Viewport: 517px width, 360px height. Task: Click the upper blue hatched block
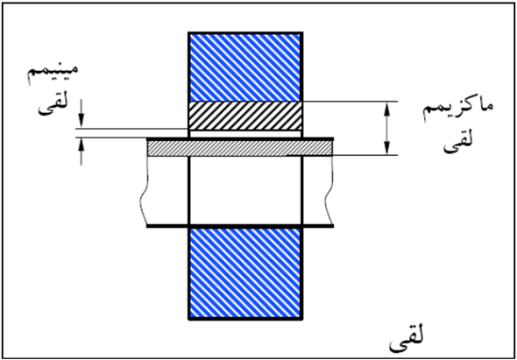[x=245, y=67]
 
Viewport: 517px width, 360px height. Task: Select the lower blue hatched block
[x=245, y=272]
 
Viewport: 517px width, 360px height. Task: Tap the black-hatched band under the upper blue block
[x=245, y=116]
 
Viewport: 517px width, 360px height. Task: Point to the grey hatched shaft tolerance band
[x=240, y=148]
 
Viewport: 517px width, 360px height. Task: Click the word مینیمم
[x=53, y=74]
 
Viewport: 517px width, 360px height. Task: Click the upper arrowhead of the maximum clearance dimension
[x=386, y=109]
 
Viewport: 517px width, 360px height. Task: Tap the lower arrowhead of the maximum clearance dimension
[x=386, y=148]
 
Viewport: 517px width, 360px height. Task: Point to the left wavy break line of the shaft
[x=144, y=191]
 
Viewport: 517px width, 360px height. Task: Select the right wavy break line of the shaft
[x=329, y=191]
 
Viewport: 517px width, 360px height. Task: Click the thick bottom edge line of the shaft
[x=240, y=226]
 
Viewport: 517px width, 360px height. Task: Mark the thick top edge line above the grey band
[x=240, y=139]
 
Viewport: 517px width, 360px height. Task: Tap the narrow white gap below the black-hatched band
[x=245, y=134]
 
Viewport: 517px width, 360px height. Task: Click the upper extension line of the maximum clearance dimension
[x=351, y=102]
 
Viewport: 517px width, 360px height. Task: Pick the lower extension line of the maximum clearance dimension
[x=365, y=155]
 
